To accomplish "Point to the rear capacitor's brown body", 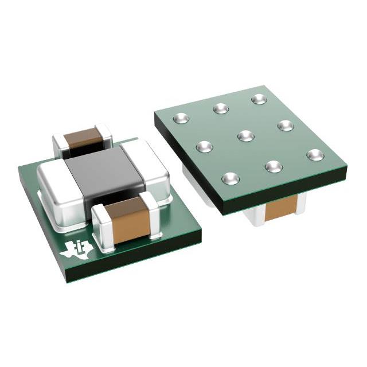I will coord(83,138).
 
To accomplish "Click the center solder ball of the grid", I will coord(245,136).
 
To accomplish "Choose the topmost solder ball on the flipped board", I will coord(258,99).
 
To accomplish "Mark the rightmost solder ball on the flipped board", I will coord(315,154).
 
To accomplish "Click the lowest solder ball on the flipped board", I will coord(231,178).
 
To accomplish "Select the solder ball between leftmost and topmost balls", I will coord(221,108).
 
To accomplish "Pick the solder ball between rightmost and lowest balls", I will coord(274,166).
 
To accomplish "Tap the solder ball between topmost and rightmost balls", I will coord(286,125).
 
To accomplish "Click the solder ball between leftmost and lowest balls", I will coord(205,147).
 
